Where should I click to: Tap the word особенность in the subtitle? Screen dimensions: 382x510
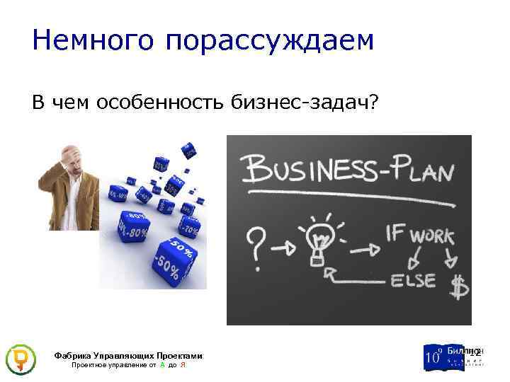[154, 103]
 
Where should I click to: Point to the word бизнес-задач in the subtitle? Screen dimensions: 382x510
[305, 103]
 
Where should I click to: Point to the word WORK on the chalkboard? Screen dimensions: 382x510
[429, 235]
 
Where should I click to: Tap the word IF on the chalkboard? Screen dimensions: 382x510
[395, 233]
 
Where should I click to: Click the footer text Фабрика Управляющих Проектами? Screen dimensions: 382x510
[128, 356]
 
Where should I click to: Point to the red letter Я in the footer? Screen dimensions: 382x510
[183, 365]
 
